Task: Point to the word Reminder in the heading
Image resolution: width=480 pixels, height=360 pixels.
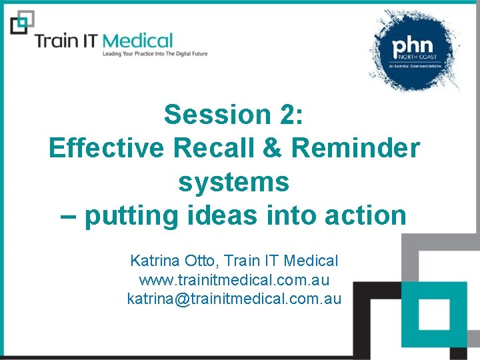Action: pyautogui.click(x=356, y=148)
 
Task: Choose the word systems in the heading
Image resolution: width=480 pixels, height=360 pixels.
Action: pyautogui.click(x=234, y=181)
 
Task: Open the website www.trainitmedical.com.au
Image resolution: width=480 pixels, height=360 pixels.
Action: pyautogui.click(x=234, y=280)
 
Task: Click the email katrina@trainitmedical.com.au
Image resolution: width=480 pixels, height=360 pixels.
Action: pyautogui.click(x=234, y=299)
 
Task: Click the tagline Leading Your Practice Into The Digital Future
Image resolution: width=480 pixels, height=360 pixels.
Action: pyautogui.click(x=154, y=54)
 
